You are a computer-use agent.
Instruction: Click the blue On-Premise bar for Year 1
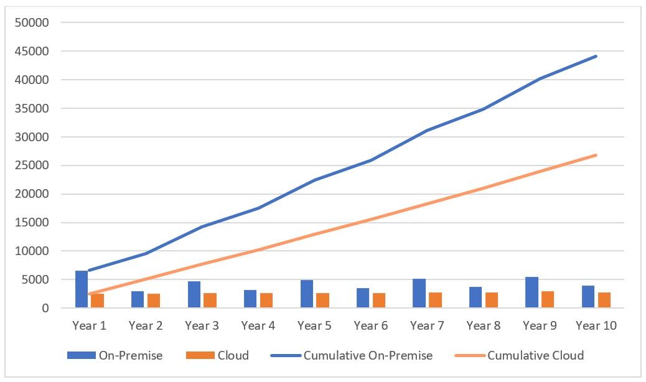82,289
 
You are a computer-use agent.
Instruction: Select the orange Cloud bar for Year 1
98,300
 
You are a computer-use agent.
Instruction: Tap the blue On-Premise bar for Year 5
306,294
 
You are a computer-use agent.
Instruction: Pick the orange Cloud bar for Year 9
548,299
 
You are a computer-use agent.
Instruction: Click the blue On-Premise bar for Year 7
419,293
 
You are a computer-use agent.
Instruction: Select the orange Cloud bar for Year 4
266,300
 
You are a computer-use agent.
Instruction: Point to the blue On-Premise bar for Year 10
587,297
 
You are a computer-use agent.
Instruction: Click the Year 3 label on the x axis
202,325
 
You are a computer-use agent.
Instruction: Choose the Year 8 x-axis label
484,325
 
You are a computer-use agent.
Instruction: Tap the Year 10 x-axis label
596,325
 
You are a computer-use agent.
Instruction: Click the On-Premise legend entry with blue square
115,356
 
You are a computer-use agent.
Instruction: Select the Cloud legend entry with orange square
217,356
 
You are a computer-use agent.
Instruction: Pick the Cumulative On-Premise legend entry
351,356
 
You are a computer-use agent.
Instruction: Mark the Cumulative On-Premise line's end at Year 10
596,56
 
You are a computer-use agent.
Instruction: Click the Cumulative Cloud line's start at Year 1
90,294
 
